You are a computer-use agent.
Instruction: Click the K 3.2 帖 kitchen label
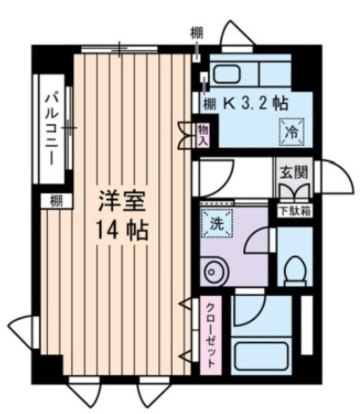pos(256,103)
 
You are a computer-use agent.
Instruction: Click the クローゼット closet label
pos(211,336)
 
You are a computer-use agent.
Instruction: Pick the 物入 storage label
pos(202,135)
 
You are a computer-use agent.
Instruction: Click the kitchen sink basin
pos(227,74)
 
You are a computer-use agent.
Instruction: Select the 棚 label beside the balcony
pos(56,201)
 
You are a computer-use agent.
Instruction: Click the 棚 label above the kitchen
pos(196,32)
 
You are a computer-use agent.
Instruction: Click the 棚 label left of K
pos(209,102)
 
